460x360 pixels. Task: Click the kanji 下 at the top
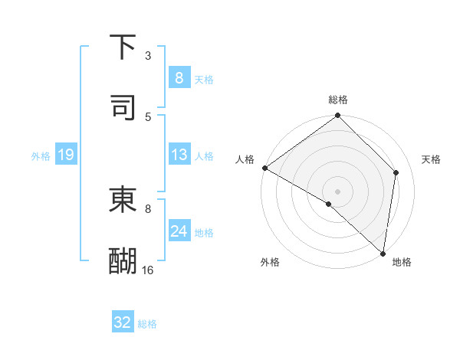click(x=123, y=47)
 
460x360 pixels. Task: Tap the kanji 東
click(x=123, y=200)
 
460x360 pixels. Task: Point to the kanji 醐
click(x=123, y=260)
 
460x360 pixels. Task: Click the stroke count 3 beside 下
click(x=148, y=56)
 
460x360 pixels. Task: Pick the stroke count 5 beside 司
click(x=148, y=116)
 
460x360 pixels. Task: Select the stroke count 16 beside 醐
click(x=148, y=270)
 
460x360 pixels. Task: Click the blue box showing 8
click(x=179, y=77)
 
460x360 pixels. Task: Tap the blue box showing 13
click(x=179, y=155)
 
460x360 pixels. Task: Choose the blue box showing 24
click(x=179, y=231)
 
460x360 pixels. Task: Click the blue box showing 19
click(x=65, y=155)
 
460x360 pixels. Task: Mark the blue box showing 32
click(x=123, y=322)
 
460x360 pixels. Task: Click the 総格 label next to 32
click(x=147, y=324)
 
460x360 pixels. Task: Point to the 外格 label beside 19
click(x=41, y=156)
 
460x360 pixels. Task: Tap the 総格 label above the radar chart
click(x=337, y=100)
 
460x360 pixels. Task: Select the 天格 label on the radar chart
click(x=431, y=159)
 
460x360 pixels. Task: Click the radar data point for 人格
click(x=264, y=168)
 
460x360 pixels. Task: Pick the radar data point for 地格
click(x=382, y=252)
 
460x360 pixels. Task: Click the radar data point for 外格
click(x=328, y=204)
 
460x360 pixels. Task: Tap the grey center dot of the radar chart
click(x=337, y=191)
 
